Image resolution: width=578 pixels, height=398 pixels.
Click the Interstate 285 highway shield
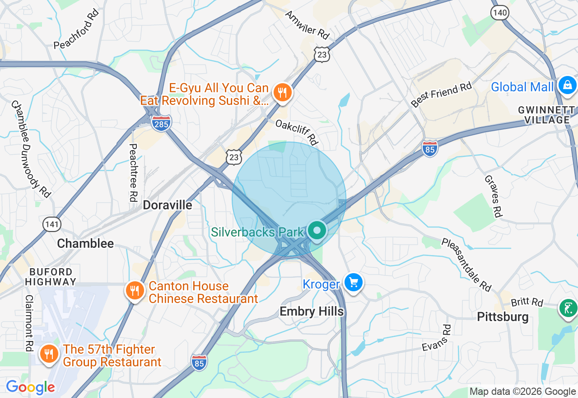(161, 123)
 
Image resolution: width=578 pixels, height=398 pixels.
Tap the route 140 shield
(500, 12)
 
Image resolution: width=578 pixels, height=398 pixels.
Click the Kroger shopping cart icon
(353, 283)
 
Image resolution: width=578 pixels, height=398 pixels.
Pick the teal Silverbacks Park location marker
(317, 231)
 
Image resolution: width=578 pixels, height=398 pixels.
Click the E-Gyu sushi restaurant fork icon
(283, 93)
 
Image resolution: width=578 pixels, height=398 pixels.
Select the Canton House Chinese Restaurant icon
(135, 290)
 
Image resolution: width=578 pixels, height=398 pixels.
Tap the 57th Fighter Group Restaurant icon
(49, 354)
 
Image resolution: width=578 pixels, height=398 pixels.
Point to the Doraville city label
(168, 205)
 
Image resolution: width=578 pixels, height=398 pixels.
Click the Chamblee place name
(85, 243)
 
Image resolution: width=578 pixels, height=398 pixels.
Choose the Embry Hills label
(312, 311)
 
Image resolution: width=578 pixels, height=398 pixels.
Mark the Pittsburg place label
(503, 317)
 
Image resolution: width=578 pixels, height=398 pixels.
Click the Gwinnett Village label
(546, 115)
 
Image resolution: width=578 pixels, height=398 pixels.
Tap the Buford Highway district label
(51, 276)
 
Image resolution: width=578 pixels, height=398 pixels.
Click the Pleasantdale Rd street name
(466, 265)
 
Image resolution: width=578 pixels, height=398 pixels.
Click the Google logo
(30, 387)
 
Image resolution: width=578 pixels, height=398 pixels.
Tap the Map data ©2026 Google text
(522, 392)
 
